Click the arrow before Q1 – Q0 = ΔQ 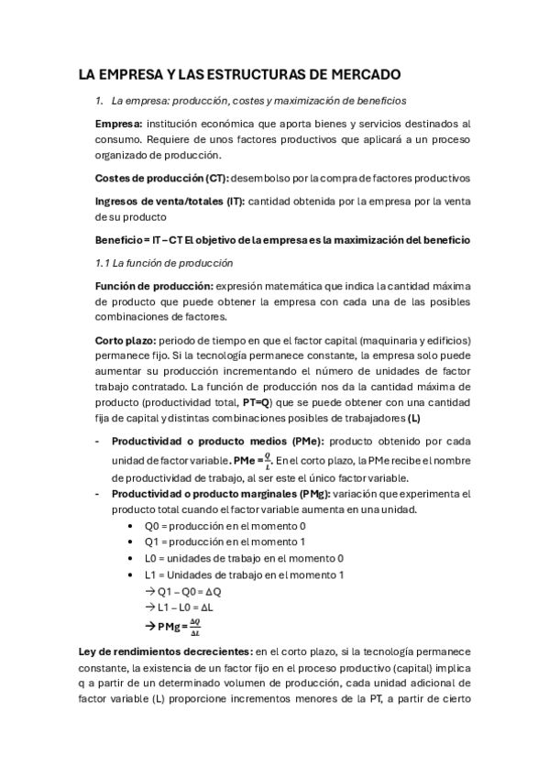click(150, 590)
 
